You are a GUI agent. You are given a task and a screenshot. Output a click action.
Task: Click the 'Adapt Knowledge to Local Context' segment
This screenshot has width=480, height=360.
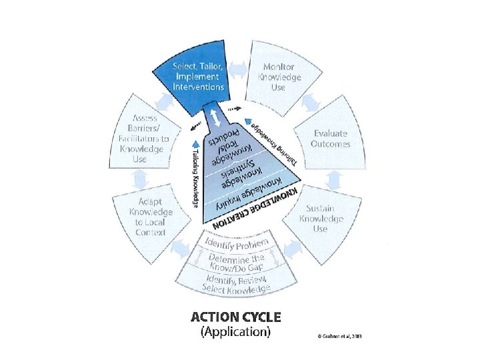tap(150, 217)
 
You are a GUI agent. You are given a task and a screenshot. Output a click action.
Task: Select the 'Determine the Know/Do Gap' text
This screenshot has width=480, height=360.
tap(237, 263)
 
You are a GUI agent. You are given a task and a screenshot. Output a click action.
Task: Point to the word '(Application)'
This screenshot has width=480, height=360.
tap(236, 332)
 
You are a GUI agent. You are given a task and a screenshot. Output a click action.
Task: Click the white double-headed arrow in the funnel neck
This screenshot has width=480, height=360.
tap(216, 118)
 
